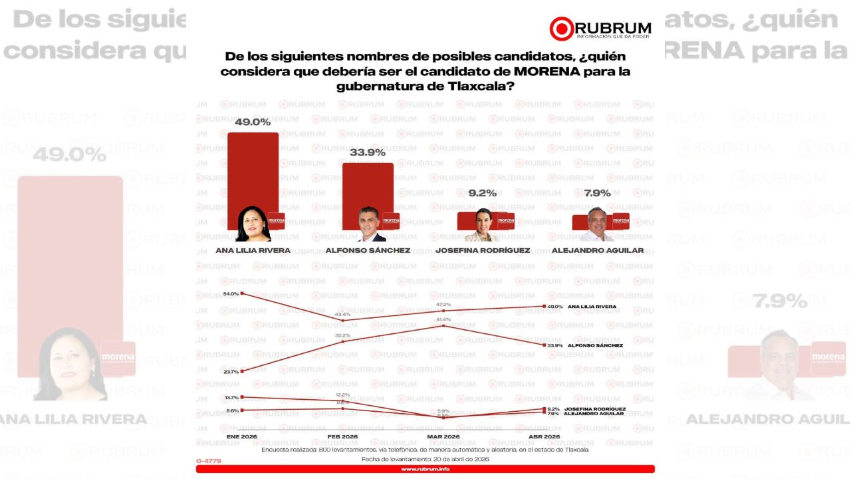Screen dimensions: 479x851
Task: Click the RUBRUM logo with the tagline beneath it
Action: [x=600, y=29]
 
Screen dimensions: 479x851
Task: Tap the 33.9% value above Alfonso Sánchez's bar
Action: [x=366, y=152]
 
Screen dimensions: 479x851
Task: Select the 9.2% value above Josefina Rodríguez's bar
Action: [x=482, y=193]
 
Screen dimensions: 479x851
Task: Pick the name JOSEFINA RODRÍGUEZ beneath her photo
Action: [x=482, y=251]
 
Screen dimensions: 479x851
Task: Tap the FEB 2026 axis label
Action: [x=342, y=436]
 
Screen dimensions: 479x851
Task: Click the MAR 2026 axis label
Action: [x=443, y=436]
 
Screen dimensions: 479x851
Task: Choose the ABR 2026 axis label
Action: [x=544, y=436]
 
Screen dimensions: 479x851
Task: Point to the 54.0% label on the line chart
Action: [x=231, y=293]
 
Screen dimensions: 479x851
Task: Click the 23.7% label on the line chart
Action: [x=231, y=371]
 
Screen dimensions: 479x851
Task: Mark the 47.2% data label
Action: [x=443, y=304]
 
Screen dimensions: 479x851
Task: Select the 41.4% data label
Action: [x=443, y=319]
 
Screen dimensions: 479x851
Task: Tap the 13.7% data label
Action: [x=231, y=397]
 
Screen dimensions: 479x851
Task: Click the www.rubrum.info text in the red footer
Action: [x=425, y=469]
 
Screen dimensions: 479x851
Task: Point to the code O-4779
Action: [x=209, y=461]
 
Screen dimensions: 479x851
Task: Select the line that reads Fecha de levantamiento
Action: [x=425, y=459]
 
